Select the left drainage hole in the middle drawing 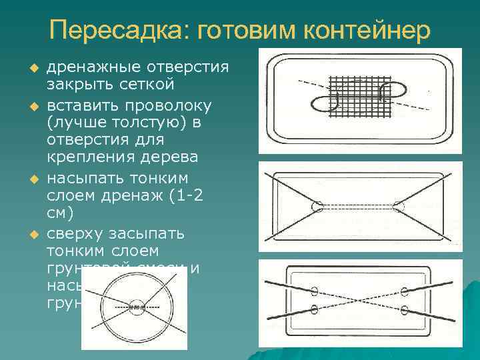(x=314, y=207)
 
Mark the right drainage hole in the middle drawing (x=399, y=207)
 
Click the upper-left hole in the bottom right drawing (x=314, y=291)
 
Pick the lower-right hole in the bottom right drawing (x=404, y=310)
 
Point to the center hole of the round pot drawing (x=135, y=308)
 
